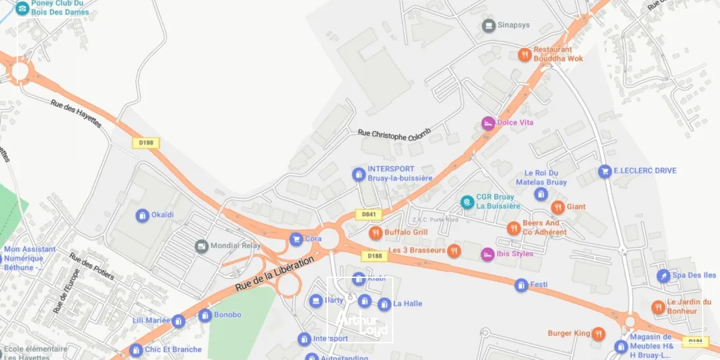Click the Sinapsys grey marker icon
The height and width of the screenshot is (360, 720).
click(489, 25)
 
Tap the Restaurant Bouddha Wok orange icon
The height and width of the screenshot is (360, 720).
click(525, 55)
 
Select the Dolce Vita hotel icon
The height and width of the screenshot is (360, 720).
click(489, 123)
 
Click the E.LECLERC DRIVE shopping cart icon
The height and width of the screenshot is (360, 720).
click(605, 171)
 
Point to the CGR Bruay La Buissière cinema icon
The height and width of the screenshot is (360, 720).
click(467, 201)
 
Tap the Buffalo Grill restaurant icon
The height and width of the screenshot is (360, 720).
click(376, 233)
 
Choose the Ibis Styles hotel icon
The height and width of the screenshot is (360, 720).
click(488, 254)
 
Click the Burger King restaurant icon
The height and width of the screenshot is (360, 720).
click(598, 333)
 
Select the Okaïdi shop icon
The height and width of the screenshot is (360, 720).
click(142, 215)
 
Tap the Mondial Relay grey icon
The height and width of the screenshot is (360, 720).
click(201, 246)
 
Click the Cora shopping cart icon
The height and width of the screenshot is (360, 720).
click(296, 239)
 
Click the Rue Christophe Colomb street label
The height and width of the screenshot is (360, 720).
click(395, 134)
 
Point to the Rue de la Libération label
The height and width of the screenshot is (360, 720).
click(274, 272)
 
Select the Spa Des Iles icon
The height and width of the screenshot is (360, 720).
click(663, 275)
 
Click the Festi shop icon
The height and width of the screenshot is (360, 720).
click(521, 285)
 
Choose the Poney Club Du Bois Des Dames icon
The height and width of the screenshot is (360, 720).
click(22, 8)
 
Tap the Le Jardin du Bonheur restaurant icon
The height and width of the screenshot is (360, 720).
click(658, 307)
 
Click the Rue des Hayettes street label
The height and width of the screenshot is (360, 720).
click(76, 114)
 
